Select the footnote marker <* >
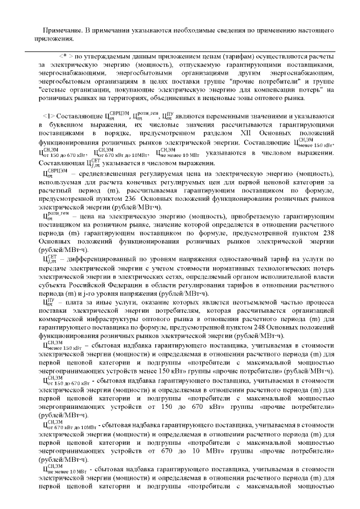[x=66, y=57]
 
